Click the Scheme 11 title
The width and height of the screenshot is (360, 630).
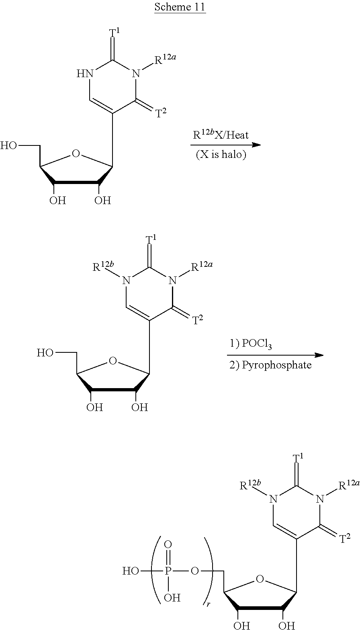click(180, 8)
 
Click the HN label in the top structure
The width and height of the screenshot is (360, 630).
click(84, 74)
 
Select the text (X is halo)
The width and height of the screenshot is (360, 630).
click(221, 155)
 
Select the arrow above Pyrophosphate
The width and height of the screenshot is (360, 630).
click(275, 355)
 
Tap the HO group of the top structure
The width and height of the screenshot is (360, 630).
click(9, 145)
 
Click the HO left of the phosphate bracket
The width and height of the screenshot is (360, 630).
click(131, 571)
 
